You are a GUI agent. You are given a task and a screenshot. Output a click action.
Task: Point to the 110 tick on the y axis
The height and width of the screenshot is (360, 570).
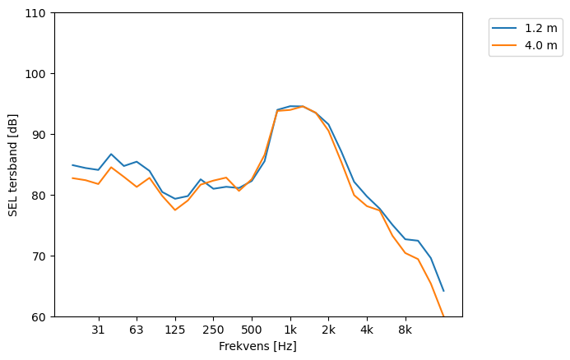[39, 13]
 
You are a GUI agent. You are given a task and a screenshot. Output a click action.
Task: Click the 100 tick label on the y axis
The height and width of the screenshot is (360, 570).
[39, 74]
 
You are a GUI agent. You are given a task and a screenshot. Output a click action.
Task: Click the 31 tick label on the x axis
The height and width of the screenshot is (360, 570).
[98, 330]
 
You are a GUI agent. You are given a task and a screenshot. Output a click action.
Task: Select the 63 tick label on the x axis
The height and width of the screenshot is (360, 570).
[137, 330]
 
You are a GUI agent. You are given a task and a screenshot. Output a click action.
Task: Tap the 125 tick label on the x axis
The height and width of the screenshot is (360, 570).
[174, 330]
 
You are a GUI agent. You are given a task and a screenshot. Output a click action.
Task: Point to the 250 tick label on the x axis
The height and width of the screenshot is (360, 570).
[213, 330]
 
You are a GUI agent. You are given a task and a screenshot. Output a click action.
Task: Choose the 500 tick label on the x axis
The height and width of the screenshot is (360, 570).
[252, 330]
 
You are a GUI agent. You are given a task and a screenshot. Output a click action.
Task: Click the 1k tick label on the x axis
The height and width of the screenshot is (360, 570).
[290, 330]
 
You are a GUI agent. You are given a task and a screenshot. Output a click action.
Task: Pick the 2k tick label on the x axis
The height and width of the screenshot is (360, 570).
[328, 330]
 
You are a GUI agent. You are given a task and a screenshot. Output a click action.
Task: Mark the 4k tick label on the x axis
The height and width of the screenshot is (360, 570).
[367, 330]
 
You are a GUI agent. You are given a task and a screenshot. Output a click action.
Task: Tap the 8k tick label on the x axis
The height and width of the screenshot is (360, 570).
[405, 330]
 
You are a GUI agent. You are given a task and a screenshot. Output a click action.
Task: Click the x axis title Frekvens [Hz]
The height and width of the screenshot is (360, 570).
[257, 346]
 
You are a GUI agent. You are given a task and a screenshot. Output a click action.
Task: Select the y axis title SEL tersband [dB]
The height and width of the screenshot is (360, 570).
[13, 165]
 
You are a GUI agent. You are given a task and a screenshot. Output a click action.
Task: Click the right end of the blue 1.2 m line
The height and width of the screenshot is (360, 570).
[443, 290]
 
